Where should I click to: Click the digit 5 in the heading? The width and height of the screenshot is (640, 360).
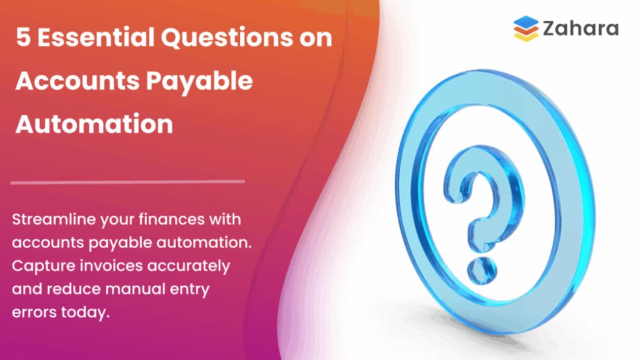click(23, 38)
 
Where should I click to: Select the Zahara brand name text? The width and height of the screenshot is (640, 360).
click(580, 29)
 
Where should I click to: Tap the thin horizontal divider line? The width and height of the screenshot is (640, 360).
click(128, 182)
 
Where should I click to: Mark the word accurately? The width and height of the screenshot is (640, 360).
click(194, 266)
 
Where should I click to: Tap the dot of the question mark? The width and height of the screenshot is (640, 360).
click(478, 268)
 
